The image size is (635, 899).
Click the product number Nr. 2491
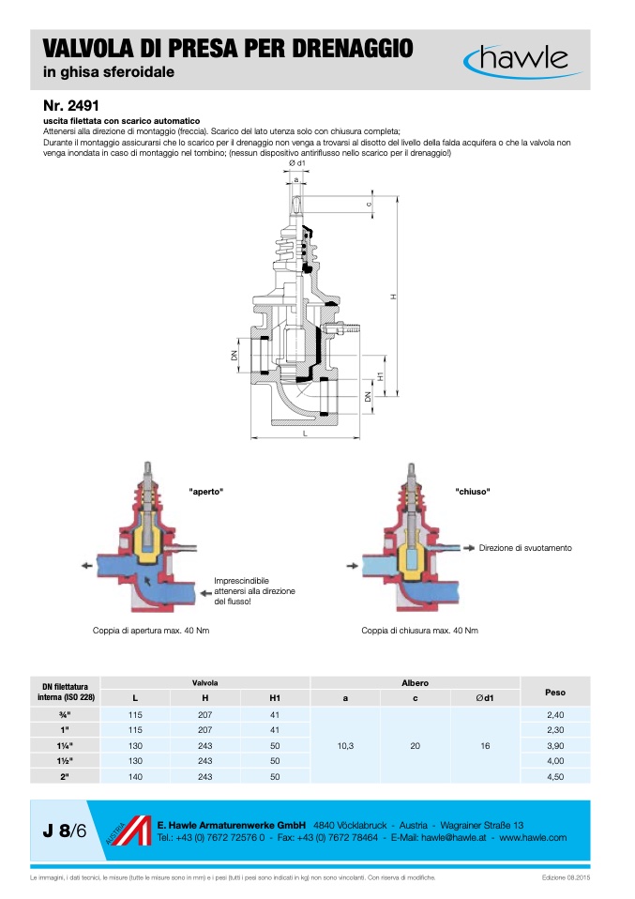70,105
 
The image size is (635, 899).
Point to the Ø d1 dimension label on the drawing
297,163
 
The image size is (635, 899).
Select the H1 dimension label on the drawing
380,375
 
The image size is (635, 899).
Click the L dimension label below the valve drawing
307,434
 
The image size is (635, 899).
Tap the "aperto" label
206,492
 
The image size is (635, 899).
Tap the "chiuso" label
473,492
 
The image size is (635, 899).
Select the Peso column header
554,693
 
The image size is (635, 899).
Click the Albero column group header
415,682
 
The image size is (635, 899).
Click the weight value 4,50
554,776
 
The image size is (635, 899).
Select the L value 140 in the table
135,776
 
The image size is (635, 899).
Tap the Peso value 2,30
554,729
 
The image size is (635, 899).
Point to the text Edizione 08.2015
566,877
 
